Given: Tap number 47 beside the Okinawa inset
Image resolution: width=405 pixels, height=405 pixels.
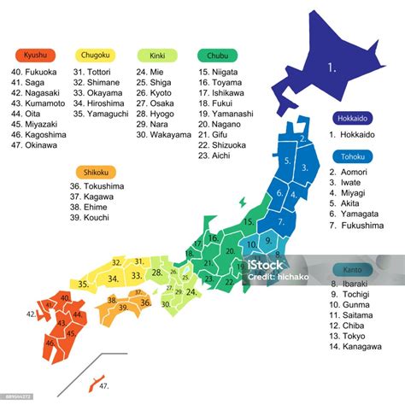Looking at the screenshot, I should tap(104, 386).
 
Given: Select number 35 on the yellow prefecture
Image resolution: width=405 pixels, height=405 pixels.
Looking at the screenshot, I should tap(83, 283).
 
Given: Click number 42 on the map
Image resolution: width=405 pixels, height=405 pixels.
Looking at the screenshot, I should tap(31, 314).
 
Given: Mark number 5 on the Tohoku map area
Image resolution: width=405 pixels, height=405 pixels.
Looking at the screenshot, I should tap(288, 160).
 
